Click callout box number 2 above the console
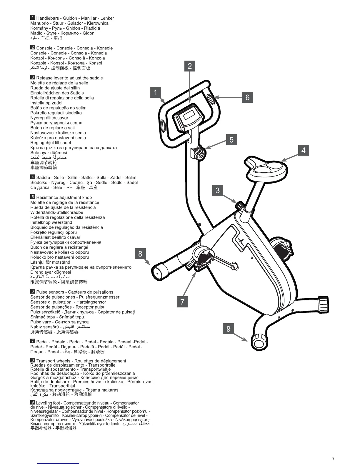point(190,66)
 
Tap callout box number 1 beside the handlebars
point(155,92)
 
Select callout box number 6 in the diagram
point(247,97)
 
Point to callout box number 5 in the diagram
point(231,139)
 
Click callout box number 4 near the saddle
point(304,150)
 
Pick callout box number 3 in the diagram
point(218,190)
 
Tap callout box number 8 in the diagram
point(140,253)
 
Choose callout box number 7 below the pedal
point(182,302)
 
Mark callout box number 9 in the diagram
point(229,328)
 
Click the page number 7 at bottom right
point(333,459)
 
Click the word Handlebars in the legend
point(47,18)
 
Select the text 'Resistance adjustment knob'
point(64,197)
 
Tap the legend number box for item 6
point(33,291)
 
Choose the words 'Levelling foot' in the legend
point(48,403)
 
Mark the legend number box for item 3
point(33,77)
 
